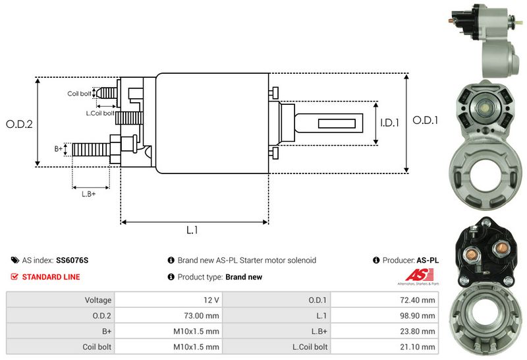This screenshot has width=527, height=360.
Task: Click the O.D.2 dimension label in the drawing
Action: click(19, 124)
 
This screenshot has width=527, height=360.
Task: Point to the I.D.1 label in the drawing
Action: click(390, 123)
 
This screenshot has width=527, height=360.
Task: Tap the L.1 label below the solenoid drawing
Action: click(192, 230)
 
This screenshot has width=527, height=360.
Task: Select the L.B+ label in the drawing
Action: click(89, 193)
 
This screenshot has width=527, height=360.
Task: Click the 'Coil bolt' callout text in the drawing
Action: click(80, 94)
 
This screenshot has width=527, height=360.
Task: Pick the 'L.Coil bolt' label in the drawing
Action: click(100, 113)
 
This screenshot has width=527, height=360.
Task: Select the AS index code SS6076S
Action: click(72, 260)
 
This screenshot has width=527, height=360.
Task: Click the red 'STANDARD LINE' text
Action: click(51, 277)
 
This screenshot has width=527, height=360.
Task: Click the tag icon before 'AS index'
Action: click(14, 260)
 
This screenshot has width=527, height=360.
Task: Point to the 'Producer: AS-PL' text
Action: click(410, 260)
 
